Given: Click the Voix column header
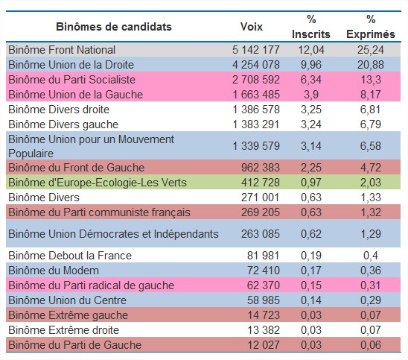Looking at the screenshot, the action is click(x=252, y=27).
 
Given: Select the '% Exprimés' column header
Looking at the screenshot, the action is click(x=371, y=27).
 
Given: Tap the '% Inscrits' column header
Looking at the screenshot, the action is click(x=311, y=27).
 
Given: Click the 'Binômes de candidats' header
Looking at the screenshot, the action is click(x=114, y=27).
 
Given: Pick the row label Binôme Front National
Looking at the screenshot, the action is click(x=62, y=50).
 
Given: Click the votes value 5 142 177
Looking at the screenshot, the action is click(x=256, y=50).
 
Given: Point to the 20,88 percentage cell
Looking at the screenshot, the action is click(x=371, y=65).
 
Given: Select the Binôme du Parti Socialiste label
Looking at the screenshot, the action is click(x=71, y=80).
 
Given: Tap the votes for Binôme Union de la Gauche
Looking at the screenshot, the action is click(x=256, y=95).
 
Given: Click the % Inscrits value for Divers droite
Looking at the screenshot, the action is click(x=311, y=110).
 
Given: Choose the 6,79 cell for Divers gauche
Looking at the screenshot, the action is click(x=371, y=124).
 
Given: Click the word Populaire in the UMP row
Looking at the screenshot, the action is click(x=31, y=154).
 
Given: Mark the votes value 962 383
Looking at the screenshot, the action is click(x=261, y=168).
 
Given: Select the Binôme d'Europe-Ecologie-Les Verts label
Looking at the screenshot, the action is click(x=98, y=183).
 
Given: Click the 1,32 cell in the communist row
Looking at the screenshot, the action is click(x=371, y=212).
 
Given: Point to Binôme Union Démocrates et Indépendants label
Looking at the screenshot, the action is click(x=113, y=234).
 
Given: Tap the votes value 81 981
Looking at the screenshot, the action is click(x=264, y=256).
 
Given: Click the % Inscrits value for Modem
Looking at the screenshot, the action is click(x=311, y=271).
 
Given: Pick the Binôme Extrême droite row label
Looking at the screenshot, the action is click(x=64, y=330).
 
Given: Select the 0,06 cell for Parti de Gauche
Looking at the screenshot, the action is click(x=371, y=345).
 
